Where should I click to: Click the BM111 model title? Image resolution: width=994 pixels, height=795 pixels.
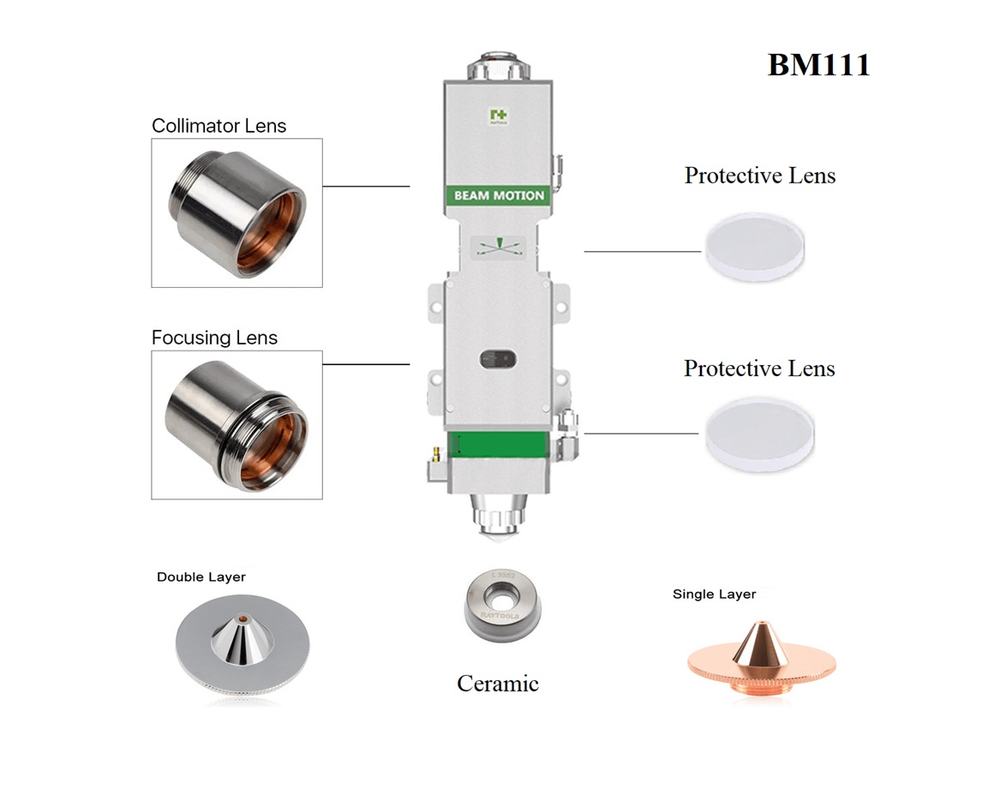[818, 65]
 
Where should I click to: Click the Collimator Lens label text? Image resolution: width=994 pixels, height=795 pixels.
[219, 126]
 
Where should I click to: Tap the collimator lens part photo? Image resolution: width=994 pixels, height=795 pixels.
[237, 212]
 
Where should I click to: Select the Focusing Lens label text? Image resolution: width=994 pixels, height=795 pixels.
[214, 338]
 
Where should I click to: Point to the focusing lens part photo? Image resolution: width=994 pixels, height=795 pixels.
[237, 424]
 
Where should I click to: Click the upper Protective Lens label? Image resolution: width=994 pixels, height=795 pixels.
[759, 176]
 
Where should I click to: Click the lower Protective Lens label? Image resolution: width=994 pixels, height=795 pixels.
[759, 368]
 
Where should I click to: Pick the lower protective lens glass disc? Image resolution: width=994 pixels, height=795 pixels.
[758, 433]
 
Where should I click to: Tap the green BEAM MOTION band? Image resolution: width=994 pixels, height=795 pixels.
[499, 195]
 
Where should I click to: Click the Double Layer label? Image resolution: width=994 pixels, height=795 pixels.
[201, 577]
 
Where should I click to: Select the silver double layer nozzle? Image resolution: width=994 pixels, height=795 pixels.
[243, 648]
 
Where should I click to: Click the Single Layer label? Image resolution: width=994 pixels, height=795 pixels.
[714, 594]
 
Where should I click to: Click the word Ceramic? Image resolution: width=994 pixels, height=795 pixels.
[497, 683]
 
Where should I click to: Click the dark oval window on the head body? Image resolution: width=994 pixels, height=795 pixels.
[498, 357]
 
